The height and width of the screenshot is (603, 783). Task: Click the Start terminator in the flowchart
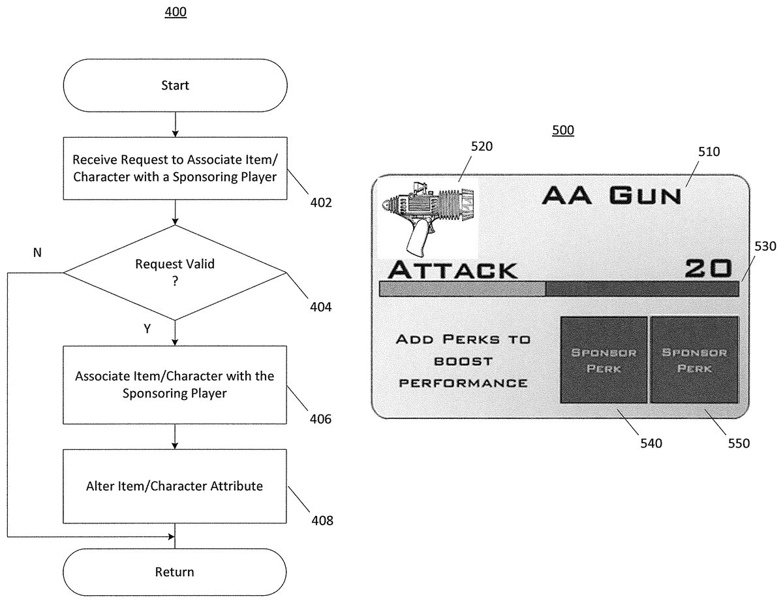click(175, 85)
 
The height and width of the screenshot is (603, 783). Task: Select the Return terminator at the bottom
click(175, 572)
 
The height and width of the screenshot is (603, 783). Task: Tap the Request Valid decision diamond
click(175, 272)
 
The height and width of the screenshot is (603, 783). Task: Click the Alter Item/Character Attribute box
click(175, 486)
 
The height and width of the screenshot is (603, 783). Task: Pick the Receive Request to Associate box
click(175, 168)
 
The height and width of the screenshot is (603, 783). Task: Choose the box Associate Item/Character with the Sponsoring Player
click(175, 384)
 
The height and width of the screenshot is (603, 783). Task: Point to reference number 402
click(321, 202)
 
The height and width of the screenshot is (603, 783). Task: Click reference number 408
click(322, 521)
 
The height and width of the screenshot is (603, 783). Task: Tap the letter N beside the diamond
click(37, 253)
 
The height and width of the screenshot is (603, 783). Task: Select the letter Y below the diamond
click(147, 330)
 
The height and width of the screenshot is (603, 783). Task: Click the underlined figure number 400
click(176, 12)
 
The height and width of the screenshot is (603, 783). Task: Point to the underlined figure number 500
click(563, 131)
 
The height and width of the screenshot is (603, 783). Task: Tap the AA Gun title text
click(611, 194)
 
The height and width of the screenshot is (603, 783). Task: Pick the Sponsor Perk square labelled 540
click(604, 360)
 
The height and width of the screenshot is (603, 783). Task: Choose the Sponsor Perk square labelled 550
click(694, 360)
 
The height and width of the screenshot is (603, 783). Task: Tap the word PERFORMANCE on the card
click(463, 382)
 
